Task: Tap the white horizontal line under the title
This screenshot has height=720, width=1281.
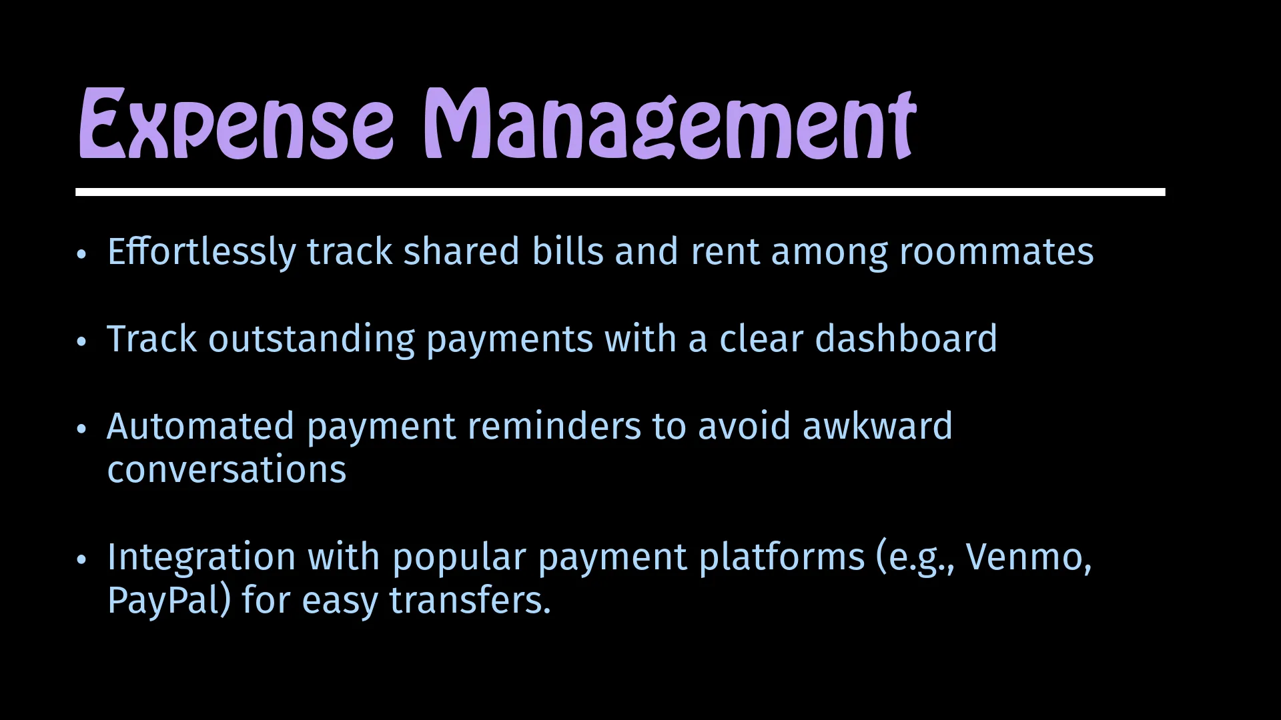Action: click(620, 192)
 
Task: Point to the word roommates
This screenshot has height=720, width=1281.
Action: click(996, 253)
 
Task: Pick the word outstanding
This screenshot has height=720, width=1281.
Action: click(312, 339)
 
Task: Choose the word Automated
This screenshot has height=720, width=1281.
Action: click(200, 426)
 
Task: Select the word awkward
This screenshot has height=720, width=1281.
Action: click(877, 426)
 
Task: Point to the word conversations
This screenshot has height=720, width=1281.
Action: click(227, 469)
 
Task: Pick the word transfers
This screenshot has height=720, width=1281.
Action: click(470, 600)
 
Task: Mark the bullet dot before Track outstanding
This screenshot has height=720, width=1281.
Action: click(81, 341)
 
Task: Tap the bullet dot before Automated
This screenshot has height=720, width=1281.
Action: click(81, 429)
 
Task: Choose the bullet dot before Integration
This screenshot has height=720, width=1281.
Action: click(81, 559)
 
